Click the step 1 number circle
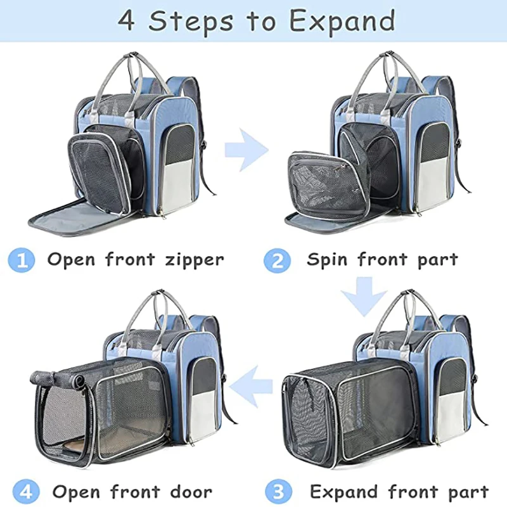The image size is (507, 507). (x=22, y=260)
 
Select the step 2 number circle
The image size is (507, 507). (x=277, y=260)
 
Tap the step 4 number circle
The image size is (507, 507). (x=22, y=492)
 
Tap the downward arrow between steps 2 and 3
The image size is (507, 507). (x=363, y=295)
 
